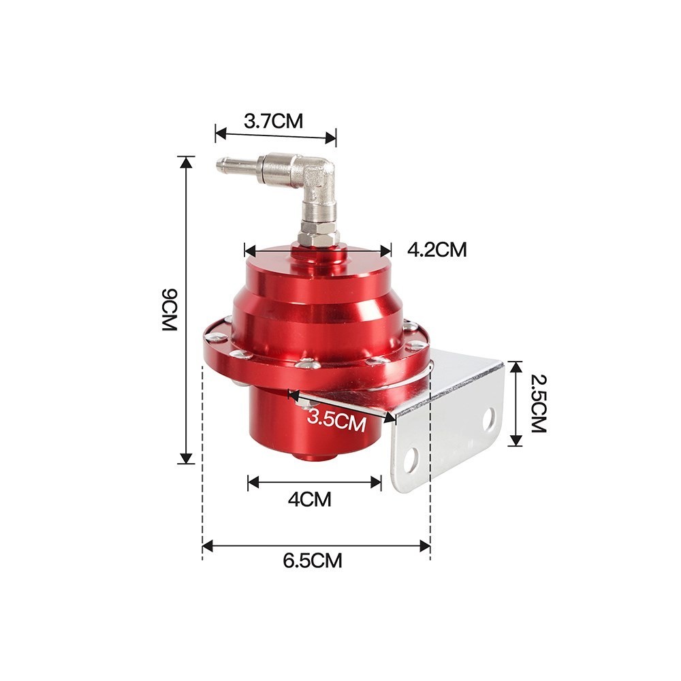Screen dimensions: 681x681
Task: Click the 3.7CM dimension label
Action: coord(273,122)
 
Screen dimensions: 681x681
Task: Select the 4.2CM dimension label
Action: coord(437,250)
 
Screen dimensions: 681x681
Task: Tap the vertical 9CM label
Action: coord(169,310)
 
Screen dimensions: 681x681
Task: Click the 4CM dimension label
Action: coord(309,500)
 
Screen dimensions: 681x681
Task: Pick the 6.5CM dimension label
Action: coord(313,561)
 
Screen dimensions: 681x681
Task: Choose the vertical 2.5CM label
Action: coord(537,404)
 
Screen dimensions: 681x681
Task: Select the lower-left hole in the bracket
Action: coord(411,461)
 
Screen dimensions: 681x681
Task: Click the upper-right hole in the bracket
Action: coord(490,420)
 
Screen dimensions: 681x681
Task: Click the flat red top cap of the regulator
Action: coord(317,257)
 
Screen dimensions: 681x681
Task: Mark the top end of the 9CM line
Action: coord(185,158)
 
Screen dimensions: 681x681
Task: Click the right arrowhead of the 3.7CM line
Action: coord(333,138)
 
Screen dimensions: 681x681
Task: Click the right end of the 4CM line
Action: coord(379,483)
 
